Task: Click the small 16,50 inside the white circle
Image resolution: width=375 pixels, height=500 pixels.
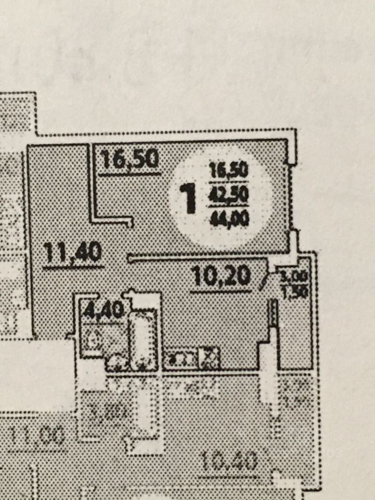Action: coord(229,171)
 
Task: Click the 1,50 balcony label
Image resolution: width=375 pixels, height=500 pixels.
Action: coord(295,292)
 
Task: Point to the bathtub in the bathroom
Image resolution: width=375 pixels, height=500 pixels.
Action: coord(143,339)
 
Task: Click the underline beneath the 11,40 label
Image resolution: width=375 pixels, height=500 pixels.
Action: coord(73,267)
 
